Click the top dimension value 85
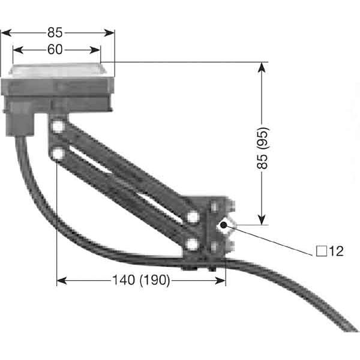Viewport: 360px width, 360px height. (x=55, y=32)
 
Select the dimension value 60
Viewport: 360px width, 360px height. (x=55, y=50)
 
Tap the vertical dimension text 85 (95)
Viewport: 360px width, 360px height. (x=262, y=148)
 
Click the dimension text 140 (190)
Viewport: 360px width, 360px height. (x=141, y=280)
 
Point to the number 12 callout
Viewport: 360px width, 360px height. (x=337, y=251)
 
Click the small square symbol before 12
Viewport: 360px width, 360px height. (x=322, y=251)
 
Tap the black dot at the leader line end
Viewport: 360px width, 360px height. (x=223, y=225)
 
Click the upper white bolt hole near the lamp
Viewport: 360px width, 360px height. (x=58, y=127)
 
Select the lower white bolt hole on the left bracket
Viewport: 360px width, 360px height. (x=58, y=154)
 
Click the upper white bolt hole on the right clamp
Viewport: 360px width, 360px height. (x=193, y=217)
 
